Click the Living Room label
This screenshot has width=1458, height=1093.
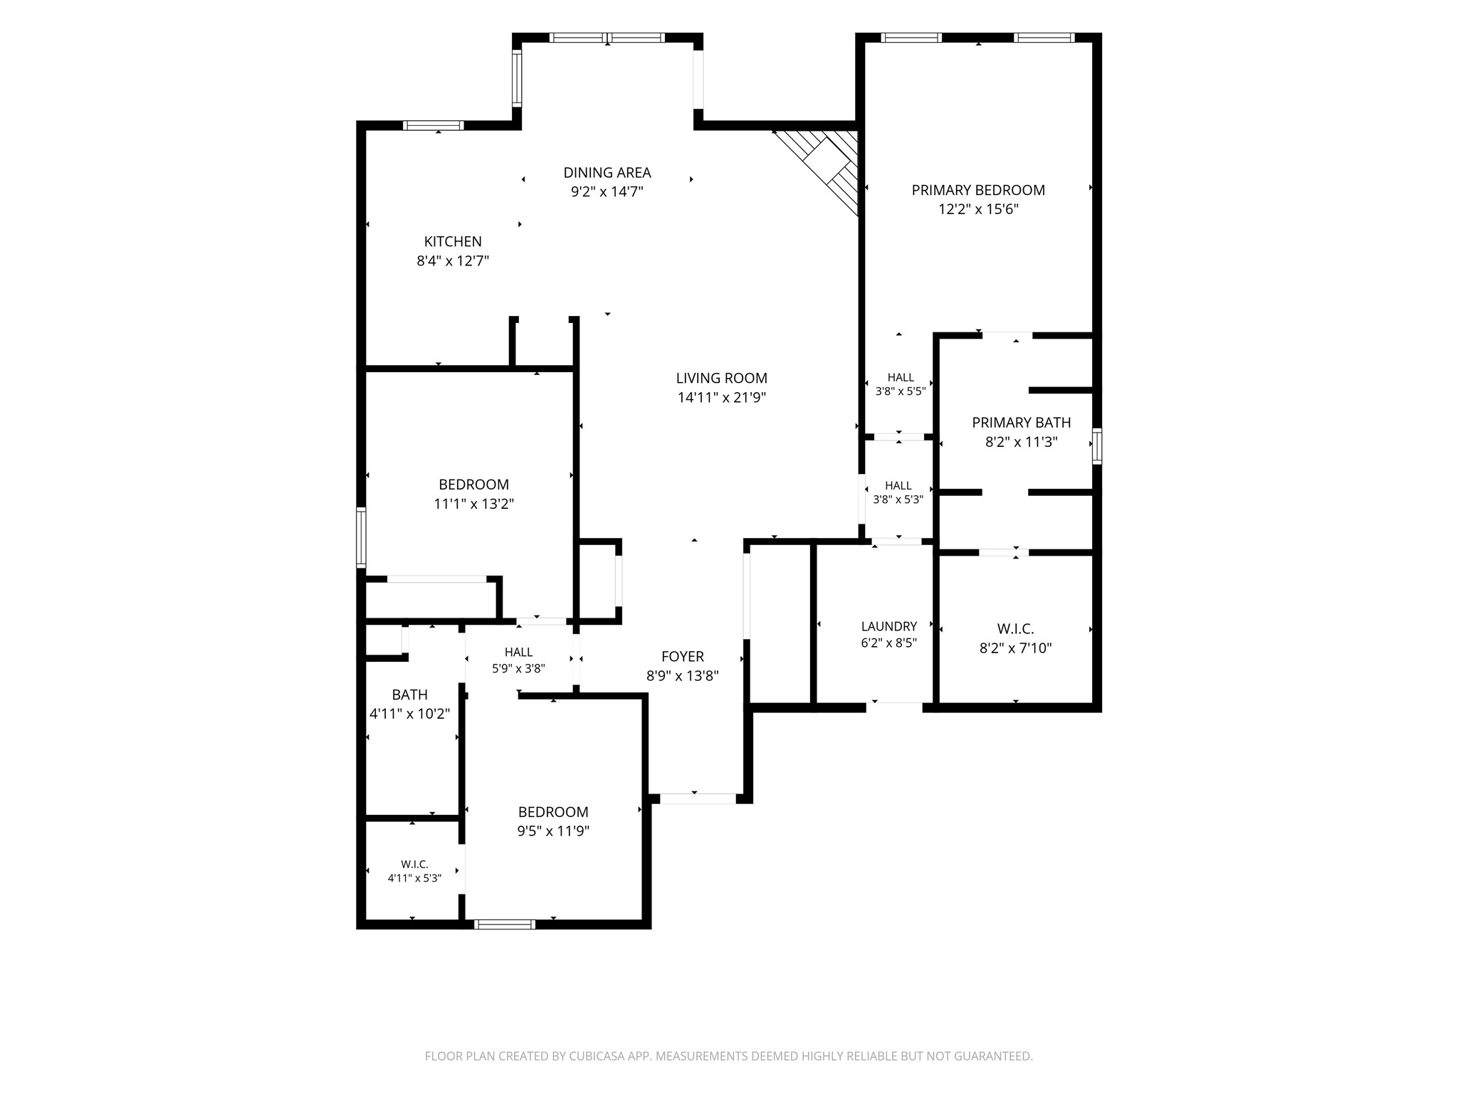721,379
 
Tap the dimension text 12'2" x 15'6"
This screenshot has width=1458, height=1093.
978,209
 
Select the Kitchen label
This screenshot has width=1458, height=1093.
453,242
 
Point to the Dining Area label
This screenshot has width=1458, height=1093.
607,173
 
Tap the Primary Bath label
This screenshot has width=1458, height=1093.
1021,423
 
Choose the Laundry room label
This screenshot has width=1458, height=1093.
888,626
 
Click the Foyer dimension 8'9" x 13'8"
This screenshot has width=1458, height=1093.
682,676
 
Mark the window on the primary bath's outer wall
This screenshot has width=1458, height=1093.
1097,446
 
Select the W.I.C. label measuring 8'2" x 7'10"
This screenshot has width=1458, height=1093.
1015,629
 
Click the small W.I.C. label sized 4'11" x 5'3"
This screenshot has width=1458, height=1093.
414,865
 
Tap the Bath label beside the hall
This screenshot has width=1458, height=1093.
410,695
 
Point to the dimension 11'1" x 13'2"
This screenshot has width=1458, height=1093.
473,504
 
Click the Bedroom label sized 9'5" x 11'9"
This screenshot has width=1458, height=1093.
553,812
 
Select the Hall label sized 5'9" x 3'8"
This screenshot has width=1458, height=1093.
518,652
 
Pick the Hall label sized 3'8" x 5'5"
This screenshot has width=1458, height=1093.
901,377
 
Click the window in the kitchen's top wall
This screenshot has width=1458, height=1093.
434,125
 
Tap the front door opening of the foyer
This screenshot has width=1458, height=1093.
698,798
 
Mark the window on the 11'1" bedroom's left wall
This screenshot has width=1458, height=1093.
361,537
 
